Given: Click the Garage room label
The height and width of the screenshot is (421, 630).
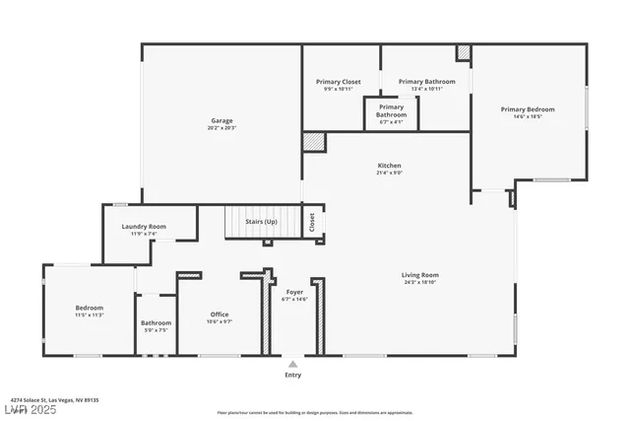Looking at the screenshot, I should coord(221,119).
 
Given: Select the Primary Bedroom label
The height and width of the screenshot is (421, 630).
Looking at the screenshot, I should coord(527,109).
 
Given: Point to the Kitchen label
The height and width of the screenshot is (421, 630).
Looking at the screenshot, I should coord(390,165).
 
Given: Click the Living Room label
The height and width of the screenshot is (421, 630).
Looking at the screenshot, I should coord(420,275).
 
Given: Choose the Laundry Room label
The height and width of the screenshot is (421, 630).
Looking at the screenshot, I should coord(144,227).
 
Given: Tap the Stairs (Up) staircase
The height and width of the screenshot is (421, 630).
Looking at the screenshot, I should coord(261,222).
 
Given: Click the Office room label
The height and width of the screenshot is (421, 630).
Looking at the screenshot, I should coord(220,315).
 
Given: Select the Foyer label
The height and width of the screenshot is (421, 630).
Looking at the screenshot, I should coord(294,292).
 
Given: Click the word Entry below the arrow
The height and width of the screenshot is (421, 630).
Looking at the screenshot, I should coord(293,375).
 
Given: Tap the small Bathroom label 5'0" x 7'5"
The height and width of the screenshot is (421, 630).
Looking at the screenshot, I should coord(156,323).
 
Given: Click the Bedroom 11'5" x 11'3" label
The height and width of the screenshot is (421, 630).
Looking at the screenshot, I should coord(90,308).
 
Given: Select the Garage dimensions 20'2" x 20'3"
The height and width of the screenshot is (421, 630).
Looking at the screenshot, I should coord(221,127).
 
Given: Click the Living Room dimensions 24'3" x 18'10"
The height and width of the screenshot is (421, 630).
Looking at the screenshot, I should coord(420,283).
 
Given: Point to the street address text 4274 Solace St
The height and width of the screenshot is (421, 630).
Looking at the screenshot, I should coord(56,399).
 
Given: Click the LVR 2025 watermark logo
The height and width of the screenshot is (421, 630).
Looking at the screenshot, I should coord(31,409).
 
